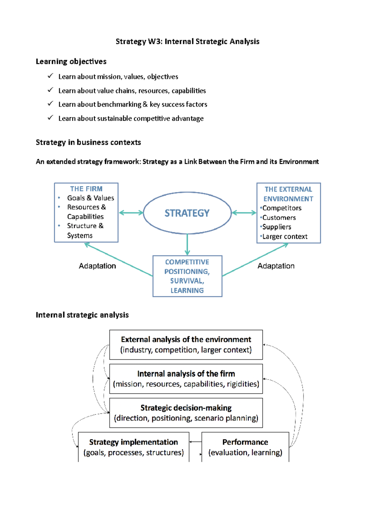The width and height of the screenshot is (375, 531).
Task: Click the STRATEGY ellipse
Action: click(x=187, y=213)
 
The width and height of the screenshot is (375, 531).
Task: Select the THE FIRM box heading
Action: click(x=86, y=189)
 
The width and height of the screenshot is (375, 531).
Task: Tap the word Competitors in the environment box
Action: click(x=282, y=208)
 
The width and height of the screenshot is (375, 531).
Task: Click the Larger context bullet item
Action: click(x=285, y=236)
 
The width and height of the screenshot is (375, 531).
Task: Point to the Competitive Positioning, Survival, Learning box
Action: click(x=187, y=276)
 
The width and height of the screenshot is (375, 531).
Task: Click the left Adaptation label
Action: click(x=97, y=266)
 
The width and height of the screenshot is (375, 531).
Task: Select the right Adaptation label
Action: click(x=276, y=266)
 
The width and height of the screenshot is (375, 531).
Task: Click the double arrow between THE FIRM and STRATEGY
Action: click(x=131, y=213)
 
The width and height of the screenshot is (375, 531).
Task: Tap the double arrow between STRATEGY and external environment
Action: click(x=244, y=213)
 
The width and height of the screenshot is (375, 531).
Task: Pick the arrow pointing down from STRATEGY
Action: click(x=187, y=245)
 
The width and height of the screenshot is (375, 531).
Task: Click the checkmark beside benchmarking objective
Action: click(x=50, y=104)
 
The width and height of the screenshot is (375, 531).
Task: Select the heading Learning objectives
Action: click(x=71, y=61)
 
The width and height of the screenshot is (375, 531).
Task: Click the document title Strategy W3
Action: click(x=187, y=41)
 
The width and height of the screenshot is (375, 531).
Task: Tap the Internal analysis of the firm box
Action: click(x=186, y=379)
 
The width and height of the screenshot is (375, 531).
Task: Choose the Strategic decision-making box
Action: click(x=186, y=413)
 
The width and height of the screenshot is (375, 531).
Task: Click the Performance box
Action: click(x=245, y=447)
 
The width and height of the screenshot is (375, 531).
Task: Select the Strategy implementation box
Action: click(x=133, y=447)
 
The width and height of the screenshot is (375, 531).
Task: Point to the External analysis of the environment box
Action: click(x=186, y=345)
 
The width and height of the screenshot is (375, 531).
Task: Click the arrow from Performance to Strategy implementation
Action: click(x=195, y=442)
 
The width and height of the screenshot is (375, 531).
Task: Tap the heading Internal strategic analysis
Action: click(x=82, y=315)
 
